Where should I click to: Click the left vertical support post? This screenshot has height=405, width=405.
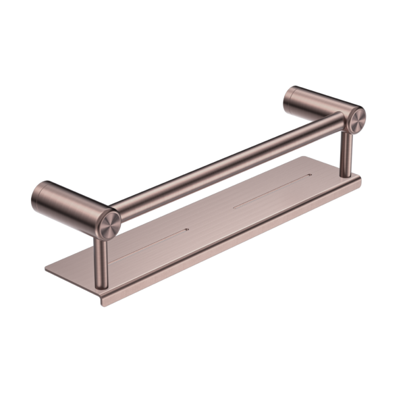click(102, 252)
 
